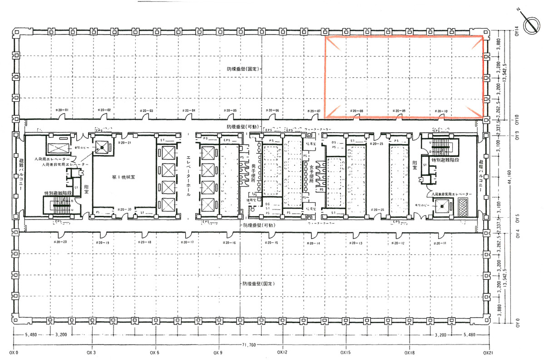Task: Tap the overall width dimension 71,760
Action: pyautogui.click(x=250, y=345)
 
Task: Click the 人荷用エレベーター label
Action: pyautogui.click(x=54, y=160)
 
